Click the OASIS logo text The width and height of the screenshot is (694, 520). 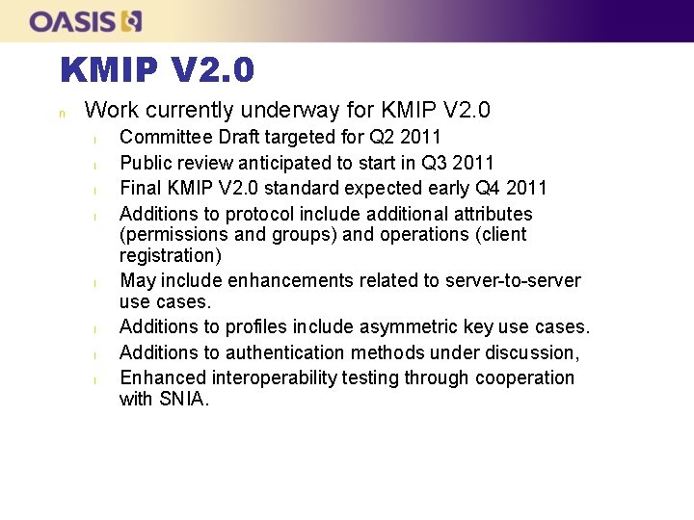tap(72, 21)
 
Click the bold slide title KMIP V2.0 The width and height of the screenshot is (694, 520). tap(157, 69)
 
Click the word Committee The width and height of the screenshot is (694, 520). tap(166, 137)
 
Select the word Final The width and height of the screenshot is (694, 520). tap(141, 188)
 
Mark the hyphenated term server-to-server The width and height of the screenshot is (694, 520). tap(513, 280)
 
